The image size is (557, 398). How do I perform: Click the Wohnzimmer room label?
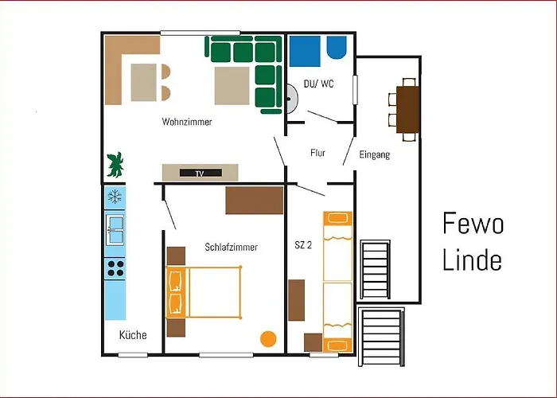187,122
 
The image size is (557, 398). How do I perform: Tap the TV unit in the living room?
200,173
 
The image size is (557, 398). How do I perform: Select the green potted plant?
116,164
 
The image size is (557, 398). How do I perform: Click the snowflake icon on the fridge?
115,196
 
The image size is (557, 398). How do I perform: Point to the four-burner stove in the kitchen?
115,267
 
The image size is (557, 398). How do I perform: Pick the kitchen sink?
115,229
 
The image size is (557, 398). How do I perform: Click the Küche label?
133,335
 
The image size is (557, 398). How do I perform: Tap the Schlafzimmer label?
231,248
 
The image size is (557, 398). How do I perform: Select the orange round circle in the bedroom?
268,338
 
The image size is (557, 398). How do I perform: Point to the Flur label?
318,154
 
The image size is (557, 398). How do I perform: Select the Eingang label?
374,154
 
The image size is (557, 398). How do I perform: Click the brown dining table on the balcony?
408,109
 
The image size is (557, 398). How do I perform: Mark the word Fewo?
473,225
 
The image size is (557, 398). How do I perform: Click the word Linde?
473,260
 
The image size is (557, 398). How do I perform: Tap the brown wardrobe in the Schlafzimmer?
254,201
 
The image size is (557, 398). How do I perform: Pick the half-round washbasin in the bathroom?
292,98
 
